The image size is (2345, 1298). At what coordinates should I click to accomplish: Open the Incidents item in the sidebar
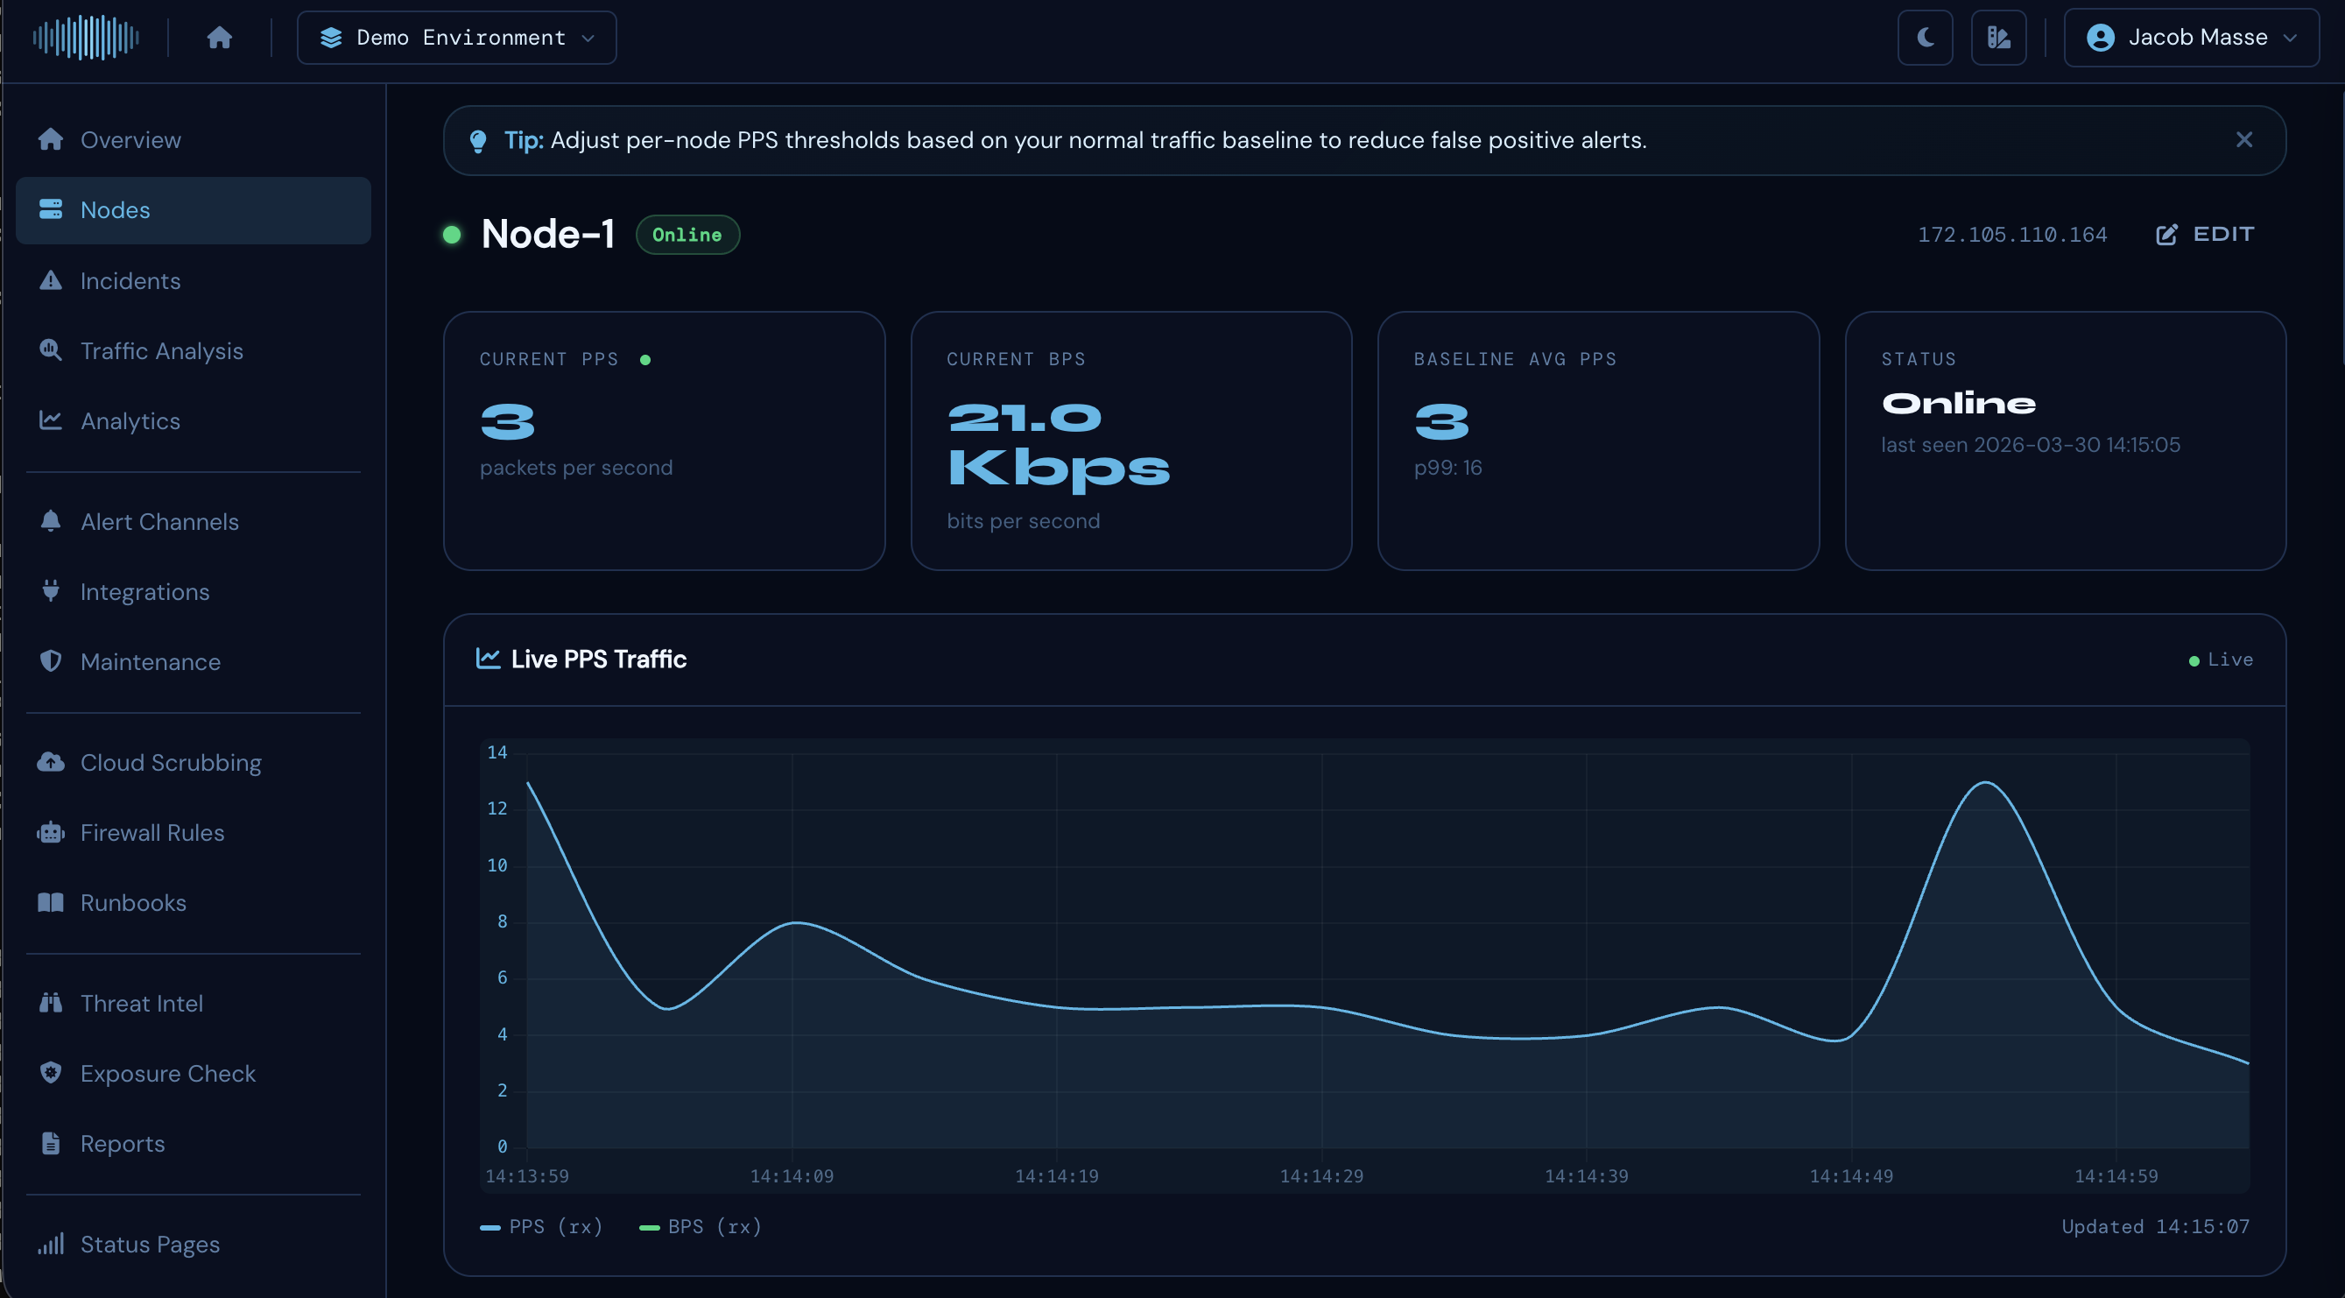(x=130, y=280)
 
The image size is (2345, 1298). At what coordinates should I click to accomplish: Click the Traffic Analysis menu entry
(x=161, y=350)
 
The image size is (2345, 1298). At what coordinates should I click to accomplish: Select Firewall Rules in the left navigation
(x=152, y=832)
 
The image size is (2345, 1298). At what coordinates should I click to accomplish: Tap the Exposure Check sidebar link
(x=167, y=1073)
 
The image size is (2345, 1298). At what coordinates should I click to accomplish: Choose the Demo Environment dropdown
(x=457, y=38)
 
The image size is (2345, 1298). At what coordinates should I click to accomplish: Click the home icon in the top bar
(x=220, y=38)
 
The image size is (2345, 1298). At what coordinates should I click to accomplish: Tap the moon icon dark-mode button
(x=1925, y=38)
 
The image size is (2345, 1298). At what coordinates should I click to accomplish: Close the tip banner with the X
(x=2244, y=139)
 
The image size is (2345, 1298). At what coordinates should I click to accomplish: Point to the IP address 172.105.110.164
(x=2012, y=235)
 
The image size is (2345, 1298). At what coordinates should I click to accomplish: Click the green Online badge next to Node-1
(x=687, y=235)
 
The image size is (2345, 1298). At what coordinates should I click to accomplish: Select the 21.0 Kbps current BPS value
(x=1058, y=443)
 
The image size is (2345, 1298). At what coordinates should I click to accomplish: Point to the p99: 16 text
(x=1447, y=467)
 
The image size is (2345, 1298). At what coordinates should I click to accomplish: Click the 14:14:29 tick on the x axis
(x=1320, y=1176)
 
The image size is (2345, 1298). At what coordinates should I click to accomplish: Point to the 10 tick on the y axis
(x=497, y=864)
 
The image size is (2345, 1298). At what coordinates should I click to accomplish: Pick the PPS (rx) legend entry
(x=542, y=1226)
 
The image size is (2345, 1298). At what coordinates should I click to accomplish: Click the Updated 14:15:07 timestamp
(x=2155, y=1226)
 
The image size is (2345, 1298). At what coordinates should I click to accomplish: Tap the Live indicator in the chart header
(x=2222, y=659)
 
